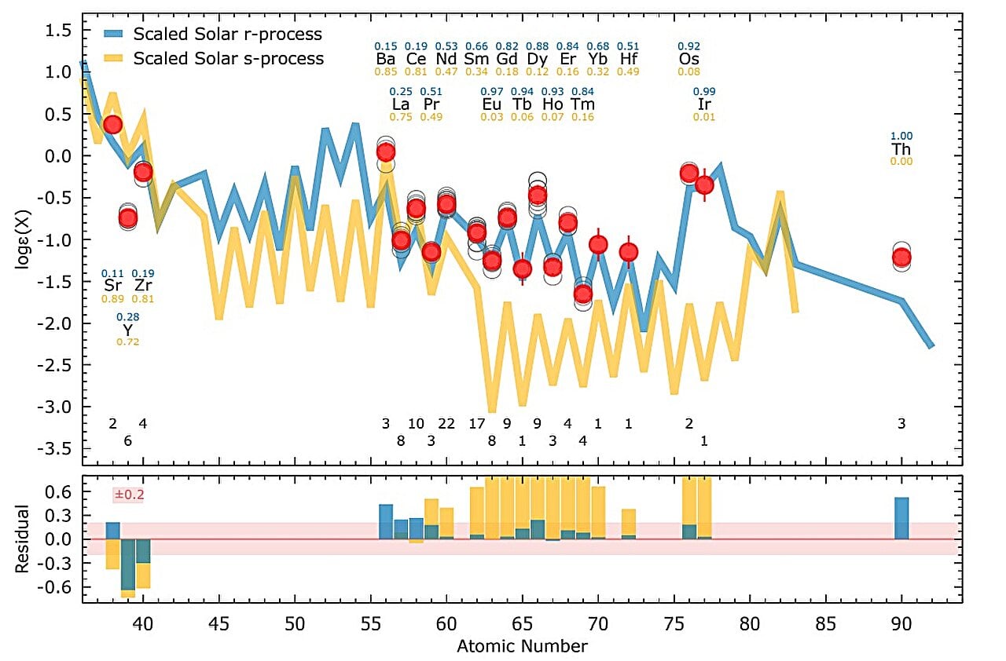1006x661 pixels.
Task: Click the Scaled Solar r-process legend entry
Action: tap(228, 35)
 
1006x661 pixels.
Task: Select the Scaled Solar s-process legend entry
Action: tap(228, 59)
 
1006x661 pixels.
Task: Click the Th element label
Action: tap(901, 149)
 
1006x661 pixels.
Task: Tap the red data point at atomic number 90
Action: tap(901, 257)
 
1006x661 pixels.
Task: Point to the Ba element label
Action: tap(385, 60)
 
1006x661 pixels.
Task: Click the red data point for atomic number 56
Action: tap(386, 152)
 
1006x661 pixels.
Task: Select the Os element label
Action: tap(689, 60)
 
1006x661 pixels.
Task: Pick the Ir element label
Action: tap(704, 104)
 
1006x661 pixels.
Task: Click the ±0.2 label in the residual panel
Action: tap(130, 495)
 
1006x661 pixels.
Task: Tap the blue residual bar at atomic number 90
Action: tap(901, 518)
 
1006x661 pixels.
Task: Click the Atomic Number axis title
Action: tap(522, 647)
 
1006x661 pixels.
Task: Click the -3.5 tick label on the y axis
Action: tap(56, 449)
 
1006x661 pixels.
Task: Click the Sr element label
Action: tap(112, 285)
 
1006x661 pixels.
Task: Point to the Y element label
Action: tap(127, 330)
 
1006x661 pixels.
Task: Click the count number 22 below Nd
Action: tap(446, 424)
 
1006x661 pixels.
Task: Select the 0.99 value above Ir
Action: tap(704, 92)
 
